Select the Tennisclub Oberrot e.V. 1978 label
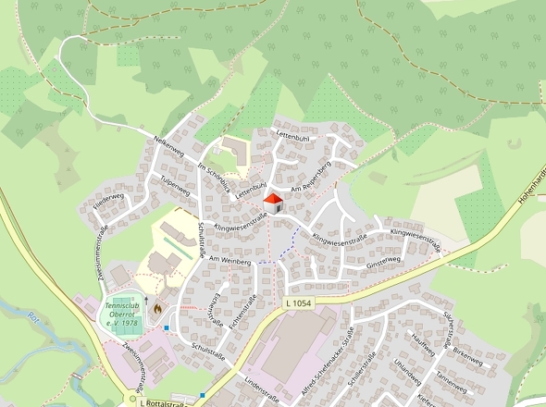point(122,314)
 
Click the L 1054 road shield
point(299,303)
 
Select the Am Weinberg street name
point(230,262)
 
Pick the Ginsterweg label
point(382,263)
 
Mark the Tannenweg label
point(452,380)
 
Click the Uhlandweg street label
point(407,376)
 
